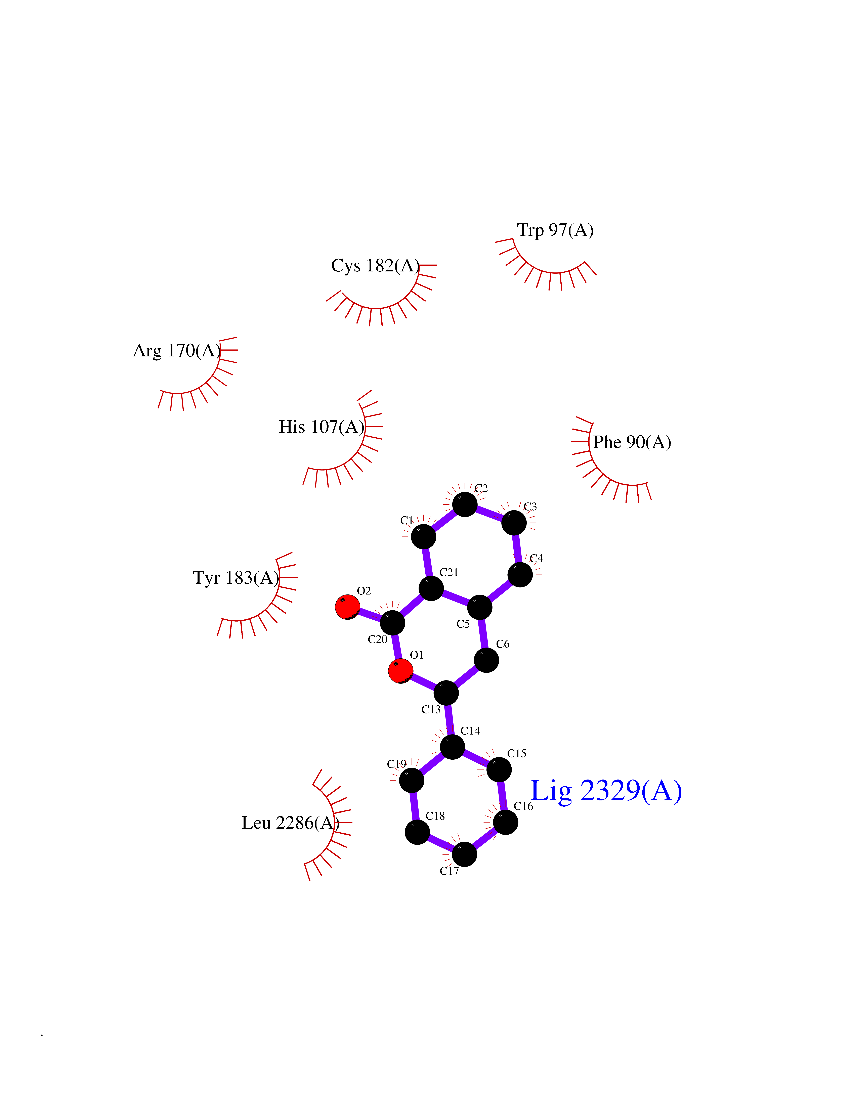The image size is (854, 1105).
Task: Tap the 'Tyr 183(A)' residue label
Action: (x=236, y=578)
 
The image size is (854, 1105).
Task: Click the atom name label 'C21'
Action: (x=449, y=572)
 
